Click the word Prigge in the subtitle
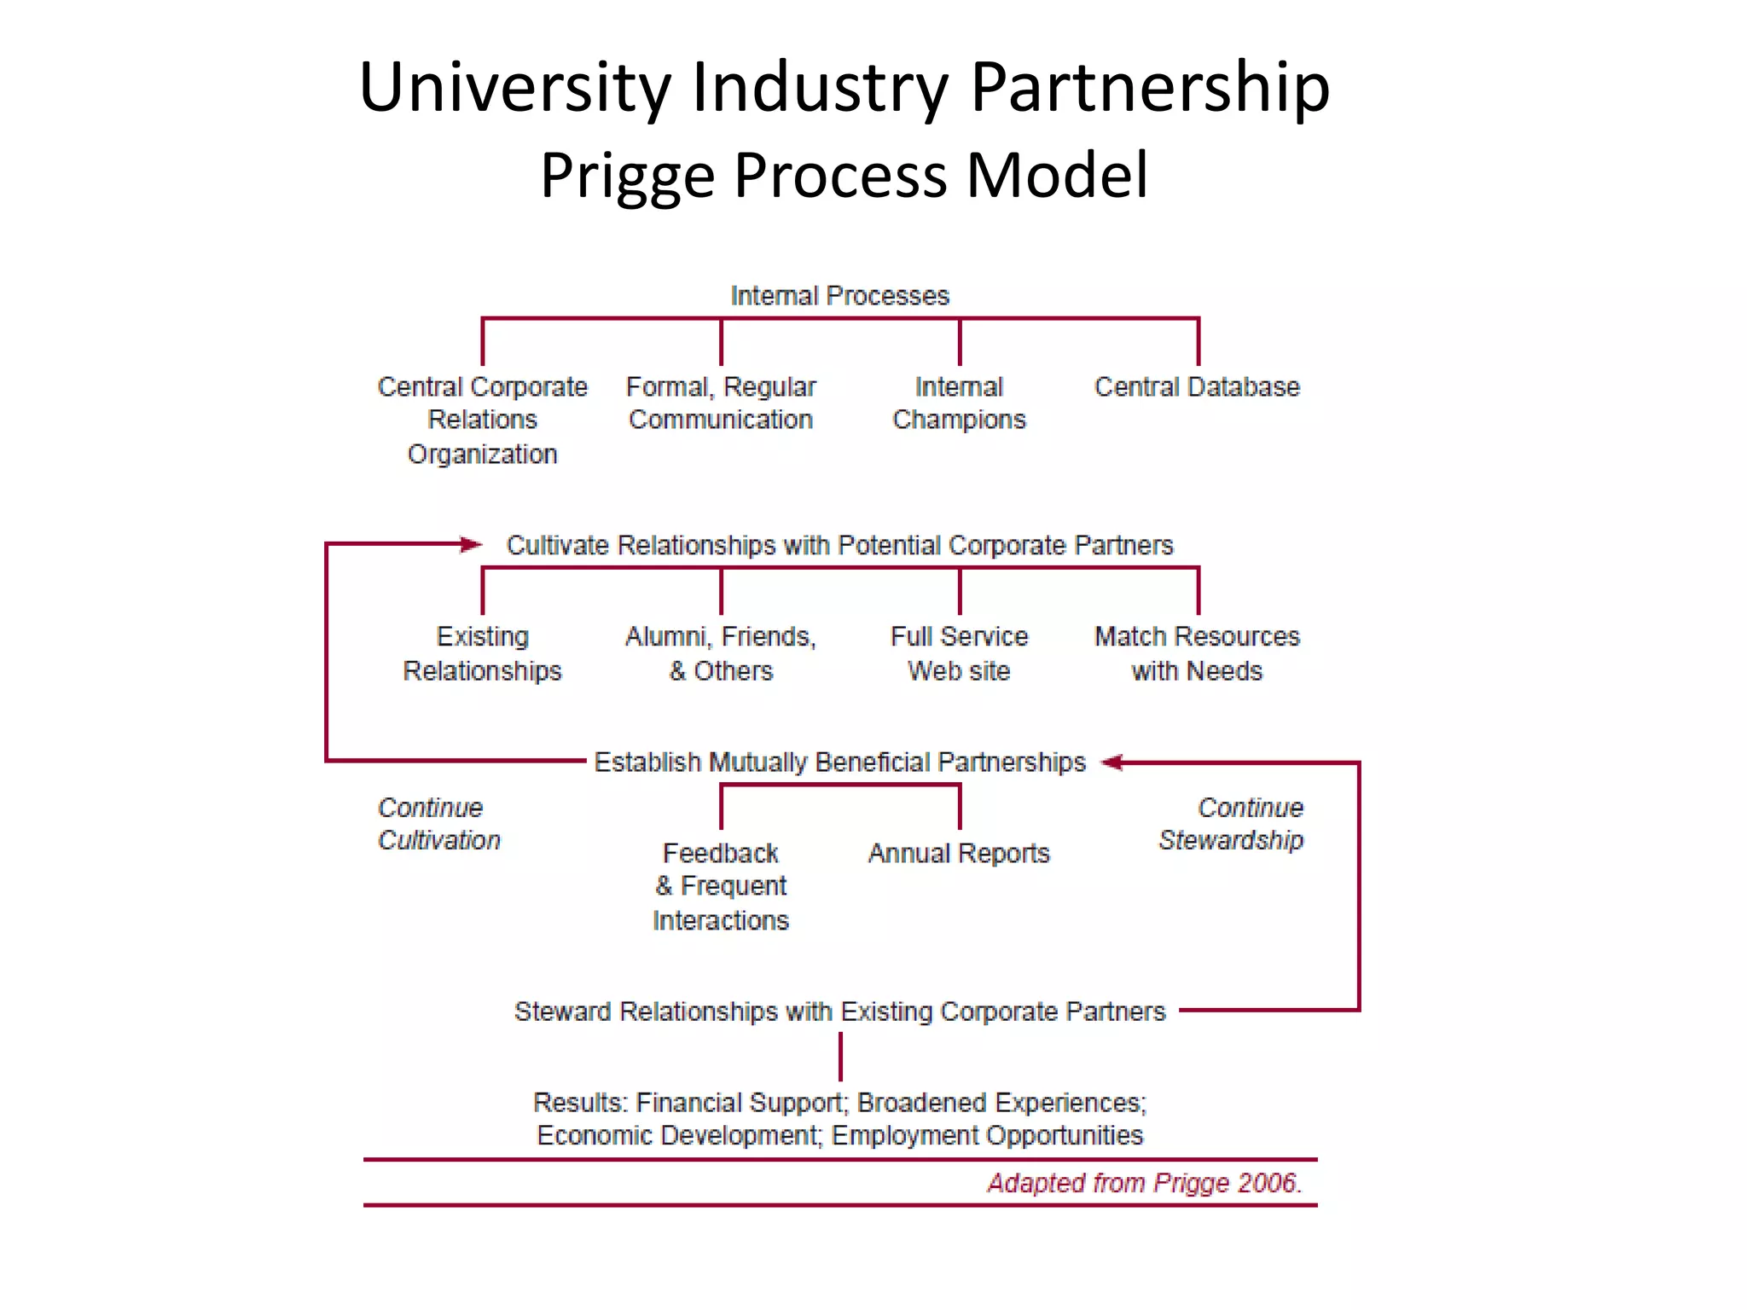click(627, 177)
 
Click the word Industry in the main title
click(819, 87)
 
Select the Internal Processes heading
click(839, 296)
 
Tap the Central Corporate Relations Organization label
click(483, 420)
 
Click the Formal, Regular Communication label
click(721, 403)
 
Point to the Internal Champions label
click(959, 403)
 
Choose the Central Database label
click(1197, 387)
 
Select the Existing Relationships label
click(483, 653)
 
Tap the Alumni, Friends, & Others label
click(721, 653)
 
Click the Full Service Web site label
click(959, 653)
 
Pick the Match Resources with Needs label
click(1197, 653)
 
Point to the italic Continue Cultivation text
click(438, 824)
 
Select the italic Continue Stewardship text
click(1232, 824)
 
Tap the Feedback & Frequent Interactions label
click(721, 886)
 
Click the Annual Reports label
click(959, 854)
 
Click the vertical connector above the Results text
click(840, 1057)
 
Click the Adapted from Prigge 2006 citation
click(1144, 1183)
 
